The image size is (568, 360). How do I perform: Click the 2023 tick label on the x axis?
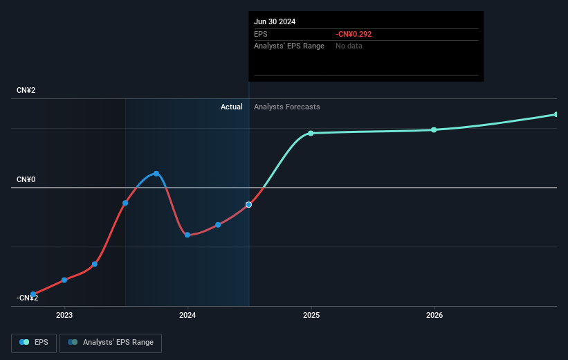(x=64, y=316)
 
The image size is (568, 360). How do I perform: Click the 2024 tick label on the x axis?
(x=187, y=316)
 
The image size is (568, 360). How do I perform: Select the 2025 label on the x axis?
(x=311, y=316)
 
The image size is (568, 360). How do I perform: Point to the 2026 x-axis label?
(x=434, y=316)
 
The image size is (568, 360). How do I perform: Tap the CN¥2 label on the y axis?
(x=26, y=91)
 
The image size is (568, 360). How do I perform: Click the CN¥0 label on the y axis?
(x=26, y=180)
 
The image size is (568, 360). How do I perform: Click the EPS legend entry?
(x=35, y=342)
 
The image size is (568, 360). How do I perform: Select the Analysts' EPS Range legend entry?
(x=111, y=342)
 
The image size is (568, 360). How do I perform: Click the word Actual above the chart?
(x=232, y=107)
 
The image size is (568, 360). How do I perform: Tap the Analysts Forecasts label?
(x=287, y=107)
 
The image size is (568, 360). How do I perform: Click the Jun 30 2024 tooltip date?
(x=275, y=21)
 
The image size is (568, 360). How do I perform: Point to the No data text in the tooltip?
(x=349, y=46)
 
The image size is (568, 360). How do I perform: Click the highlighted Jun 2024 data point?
(x=249, y=205)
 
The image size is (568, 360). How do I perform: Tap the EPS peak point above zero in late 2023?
(x=156, y=173)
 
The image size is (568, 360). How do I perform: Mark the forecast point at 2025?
(x=311, y=133)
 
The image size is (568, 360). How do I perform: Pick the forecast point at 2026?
(x=434, y=129)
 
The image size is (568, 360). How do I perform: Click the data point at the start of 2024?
(x=187, y=235)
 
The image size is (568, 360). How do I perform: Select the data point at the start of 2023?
(x=64, y=280)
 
